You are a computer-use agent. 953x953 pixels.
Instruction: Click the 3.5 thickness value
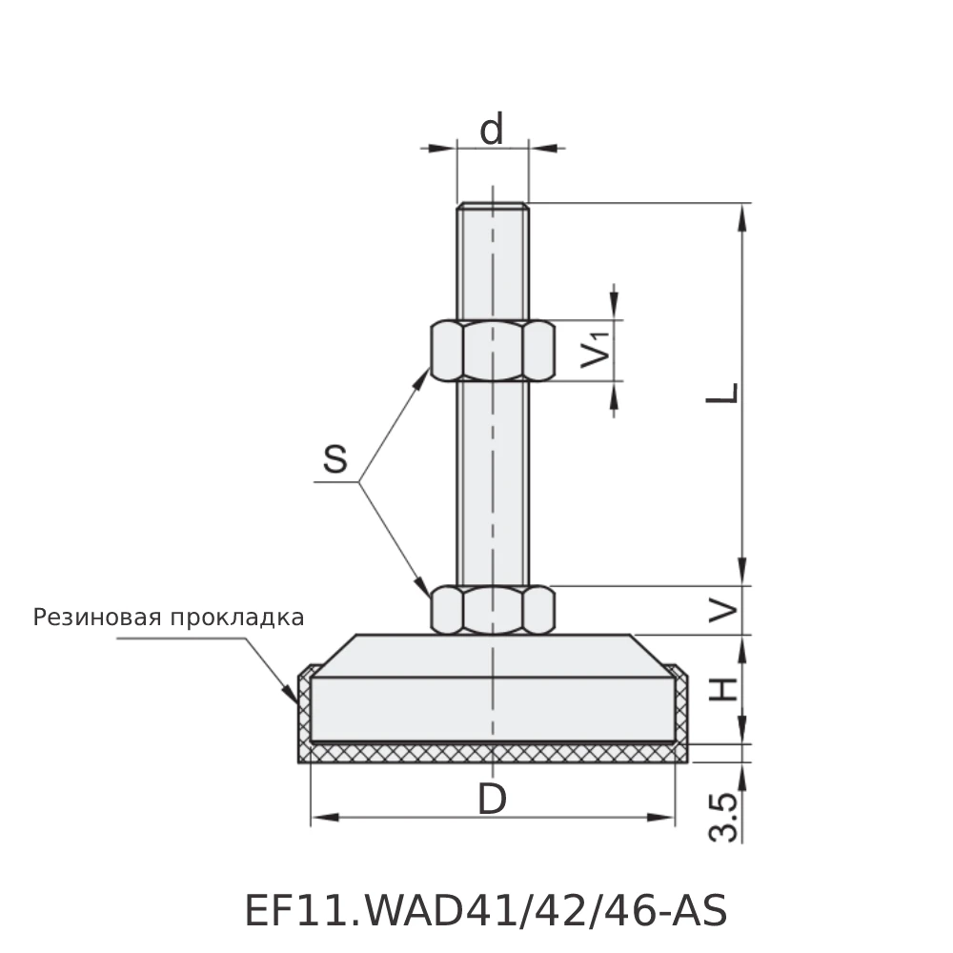[725, 817]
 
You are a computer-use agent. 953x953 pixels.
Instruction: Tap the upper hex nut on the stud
[493, 351]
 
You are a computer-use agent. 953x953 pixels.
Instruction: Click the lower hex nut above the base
[493, 610]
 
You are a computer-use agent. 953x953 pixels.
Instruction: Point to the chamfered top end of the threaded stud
[493, 205]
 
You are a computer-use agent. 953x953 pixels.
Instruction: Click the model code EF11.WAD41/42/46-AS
[486, 911]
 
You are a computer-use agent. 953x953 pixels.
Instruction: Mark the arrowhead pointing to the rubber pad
[292, 697]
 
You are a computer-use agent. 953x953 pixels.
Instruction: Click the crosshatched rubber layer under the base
[493, 753]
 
